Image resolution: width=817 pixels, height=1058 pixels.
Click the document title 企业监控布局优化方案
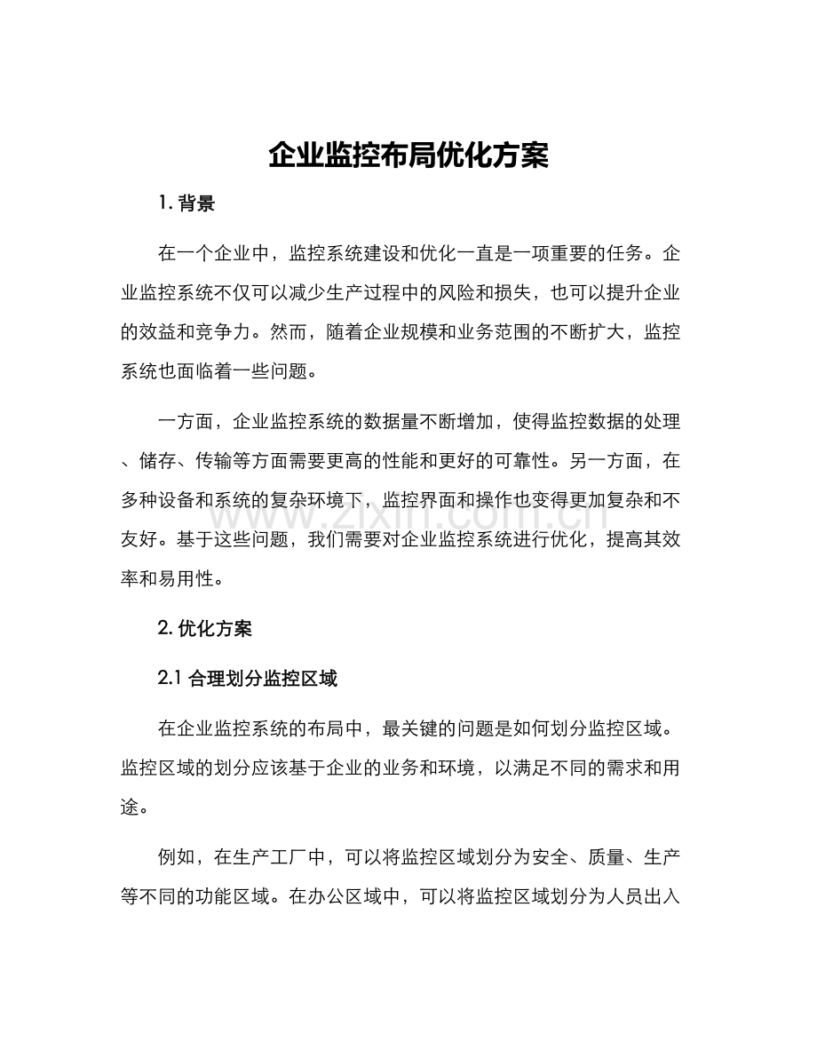coord(408,155)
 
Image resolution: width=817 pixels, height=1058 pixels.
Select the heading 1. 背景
coord(186,203)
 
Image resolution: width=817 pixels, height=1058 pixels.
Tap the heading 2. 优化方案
coord(204,629)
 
